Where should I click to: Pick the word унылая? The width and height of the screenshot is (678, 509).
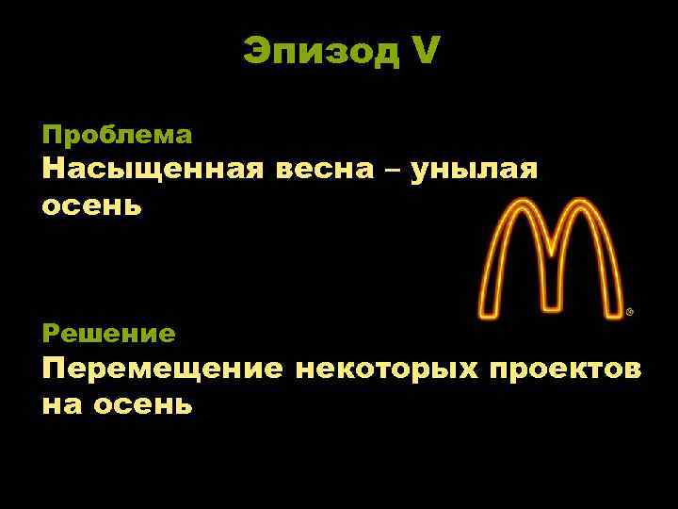coord(476,171)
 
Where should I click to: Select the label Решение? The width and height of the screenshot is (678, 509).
coord(108,333)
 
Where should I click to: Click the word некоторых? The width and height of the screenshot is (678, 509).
coord(386,369)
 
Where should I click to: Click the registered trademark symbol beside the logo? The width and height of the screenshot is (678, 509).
coord(629,311)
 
